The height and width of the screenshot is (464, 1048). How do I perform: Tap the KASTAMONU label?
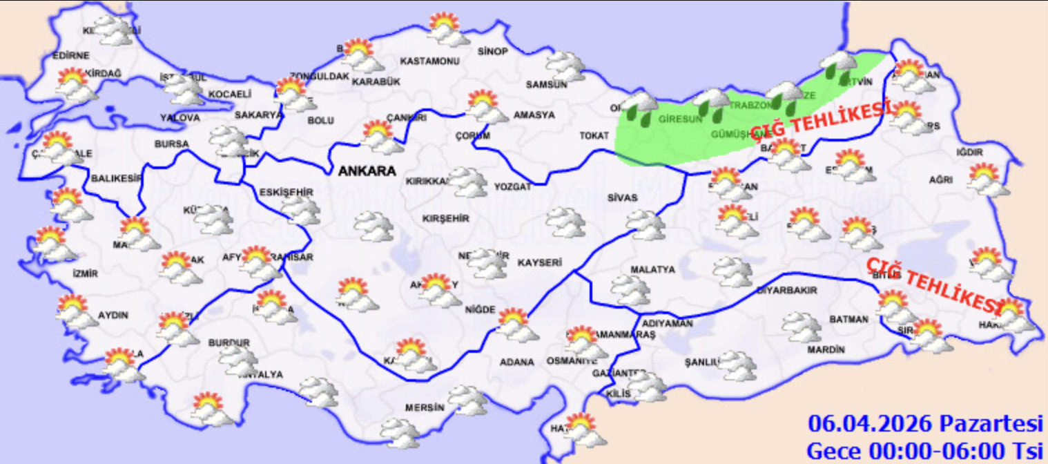point(429,61)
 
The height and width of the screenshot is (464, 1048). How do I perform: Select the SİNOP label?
point(492,52)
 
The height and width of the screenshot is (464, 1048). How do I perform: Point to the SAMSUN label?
point(546,85)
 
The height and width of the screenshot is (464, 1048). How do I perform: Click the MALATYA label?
point(652,270)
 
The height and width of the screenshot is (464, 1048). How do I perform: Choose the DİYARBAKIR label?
point(787,291)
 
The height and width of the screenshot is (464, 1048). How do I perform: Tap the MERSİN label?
point(424,407)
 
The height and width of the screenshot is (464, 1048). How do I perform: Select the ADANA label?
point(518,362)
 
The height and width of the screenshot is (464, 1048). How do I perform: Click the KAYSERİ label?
point(538,263)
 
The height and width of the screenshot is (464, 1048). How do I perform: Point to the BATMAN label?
point(848,320)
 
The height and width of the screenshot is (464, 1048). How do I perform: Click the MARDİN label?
point(826,350)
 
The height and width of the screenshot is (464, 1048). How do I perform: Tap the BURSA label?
point(172,144)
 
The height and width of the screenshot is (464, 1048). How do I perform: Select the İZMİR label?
point(85,273)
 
